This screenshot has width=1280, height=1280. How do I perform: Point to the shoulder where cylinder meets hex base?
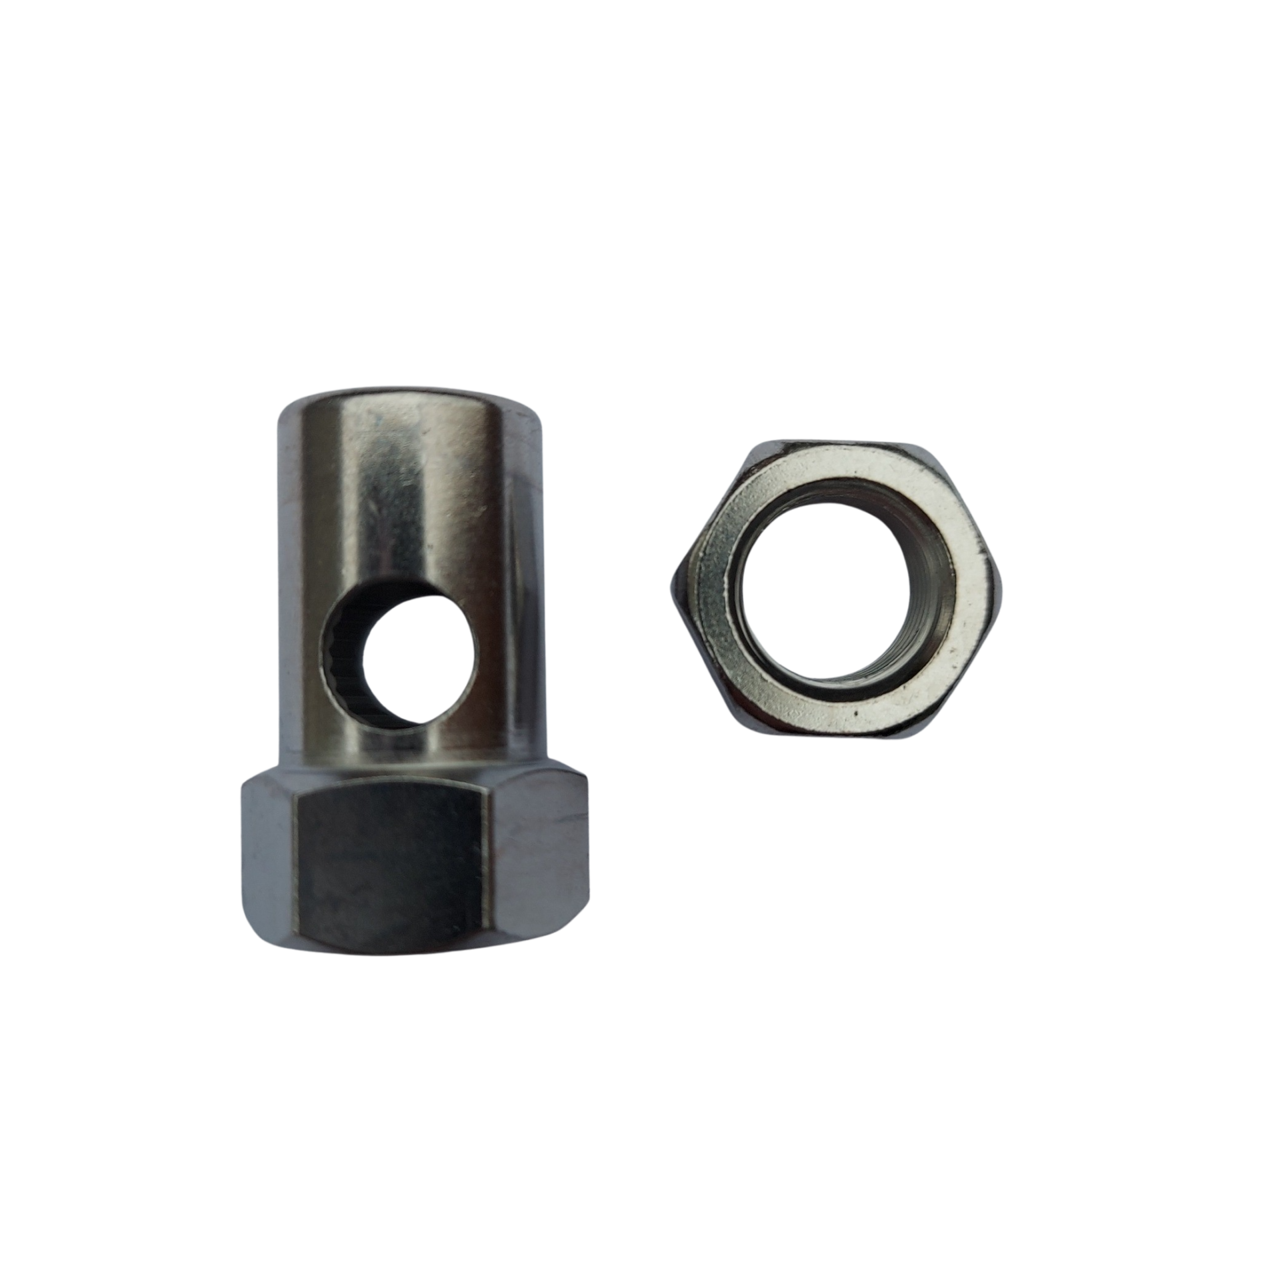[413, 767]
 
